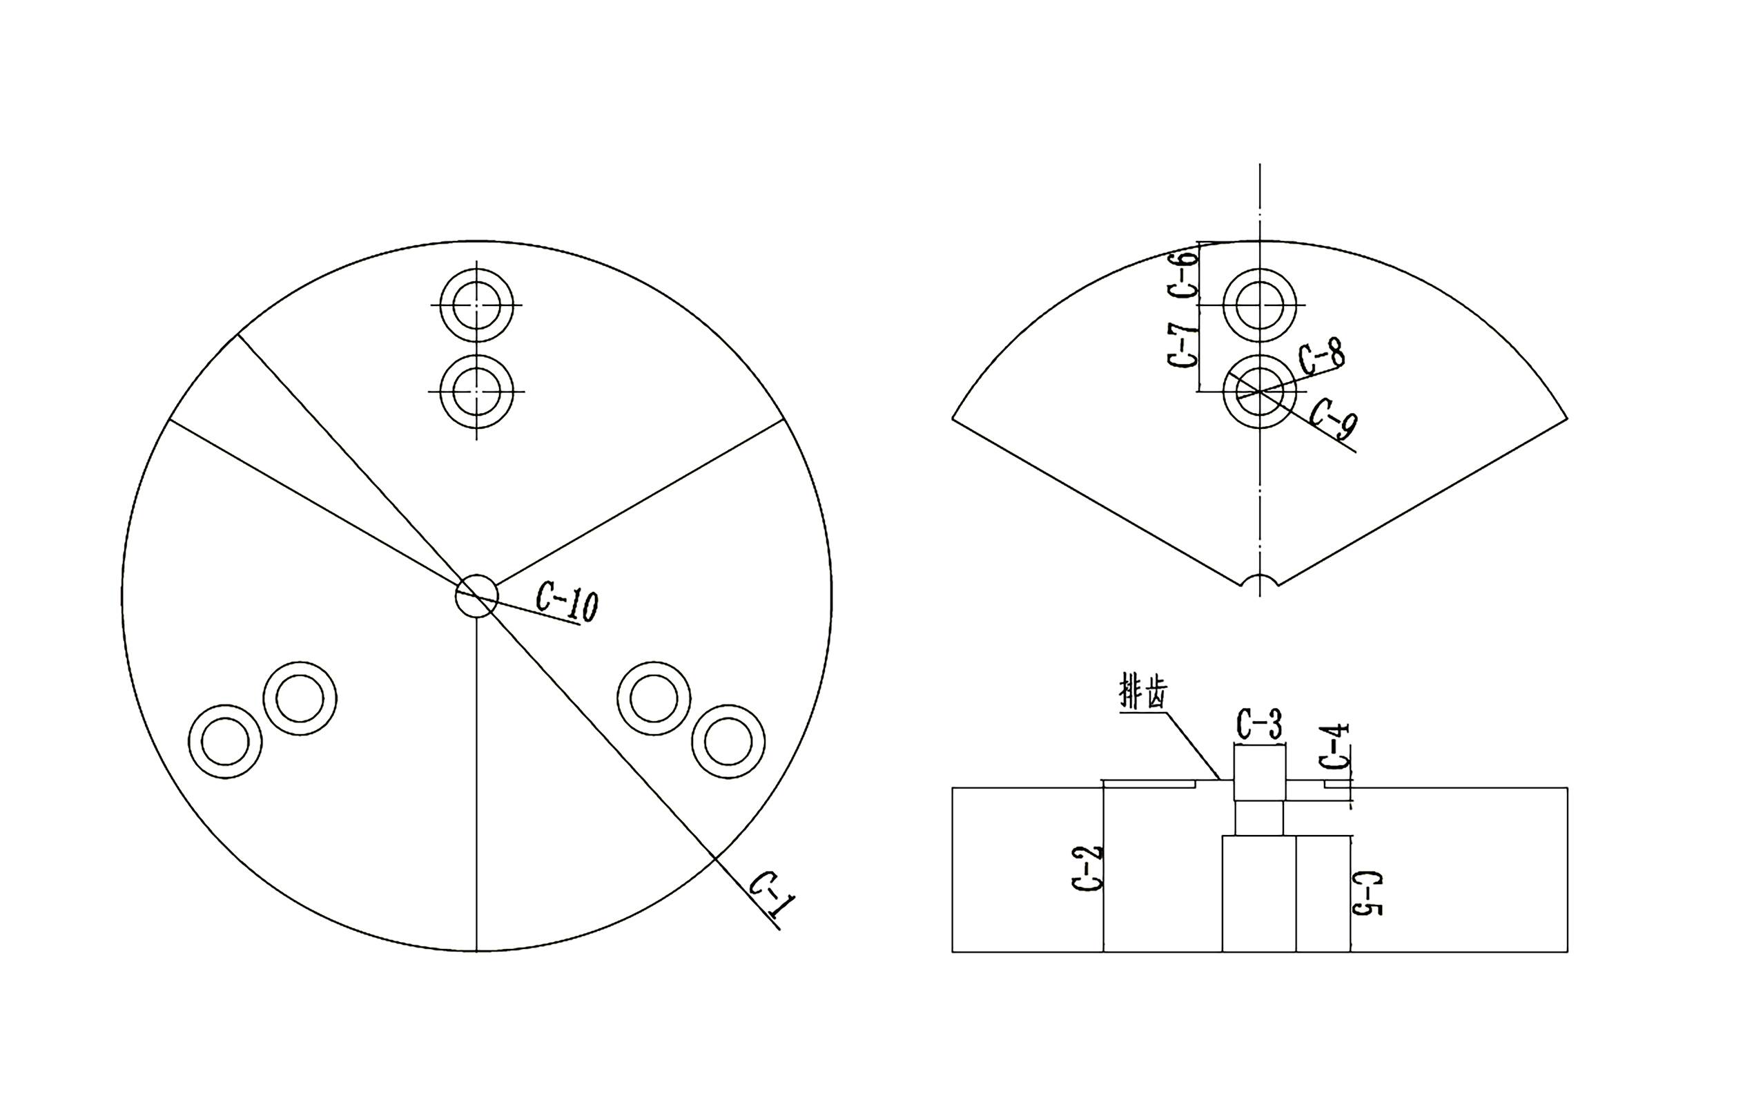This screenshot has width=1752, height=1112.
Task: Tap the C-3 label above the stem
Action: click(1258, 725)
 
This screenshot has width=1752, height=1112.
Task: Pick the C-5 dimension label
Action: click(1367, 893)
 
